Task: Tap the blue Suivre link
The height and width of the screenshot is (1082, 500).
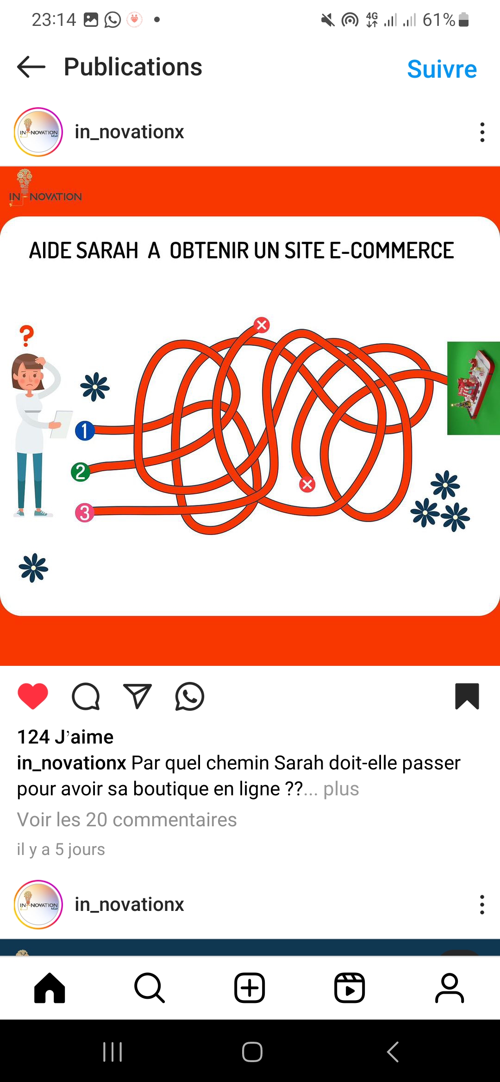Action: tap(442, 69)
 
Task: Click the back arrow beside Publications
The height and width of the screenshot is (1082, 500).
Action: tap(31, 67)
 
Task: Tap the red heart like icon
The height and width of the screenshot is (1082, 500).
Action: tap(33, 696)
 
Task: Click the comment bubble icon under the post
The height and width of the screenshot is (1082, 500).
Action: tap(86, 696)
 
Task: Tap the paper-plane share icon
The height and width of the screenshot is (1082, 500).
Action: tap(137, 696)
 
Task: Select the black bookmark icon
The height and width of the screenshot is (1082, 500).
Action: tap(467, 696)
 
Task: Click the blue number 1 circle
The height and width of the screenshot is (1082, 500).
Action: tap(85, 430)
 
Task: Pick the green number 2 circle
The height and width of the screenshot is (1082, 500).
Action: tap(81, 472)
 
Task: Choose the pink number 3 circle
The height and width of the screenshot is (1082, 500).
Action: tap(85, 513)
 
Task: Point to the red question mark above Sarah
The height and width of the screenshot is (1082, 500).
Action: tap(27, 336)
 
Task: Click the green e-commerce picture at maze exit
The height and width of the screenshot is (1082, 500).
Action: tap(474, 388)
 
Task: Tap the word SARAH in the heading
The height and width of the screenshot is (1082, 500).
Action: tap(107, 251)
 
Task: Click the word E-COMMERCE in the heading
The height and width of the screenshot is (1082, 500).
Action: tap(392, 251)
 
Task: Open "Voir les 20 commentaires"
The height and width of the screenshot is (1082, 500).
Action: tap(127, 820)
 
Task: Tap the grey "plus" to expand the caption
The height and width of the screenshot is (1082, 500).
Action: tap(341, 789)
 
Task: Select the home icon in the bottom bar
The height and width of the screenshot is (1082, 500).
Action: tap(50, 988)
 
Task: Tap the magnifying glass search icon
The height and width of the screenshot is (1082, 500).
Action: tap(150, 988)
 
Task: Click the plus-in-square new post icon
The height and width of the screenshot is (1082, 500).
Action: tap(250, 988)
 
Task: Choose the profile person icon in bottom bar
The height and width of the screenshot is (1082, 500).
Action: tap(450, 988)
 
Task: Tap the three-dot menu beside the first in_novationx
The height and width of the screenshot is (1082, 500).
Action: tap(482, 132)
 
